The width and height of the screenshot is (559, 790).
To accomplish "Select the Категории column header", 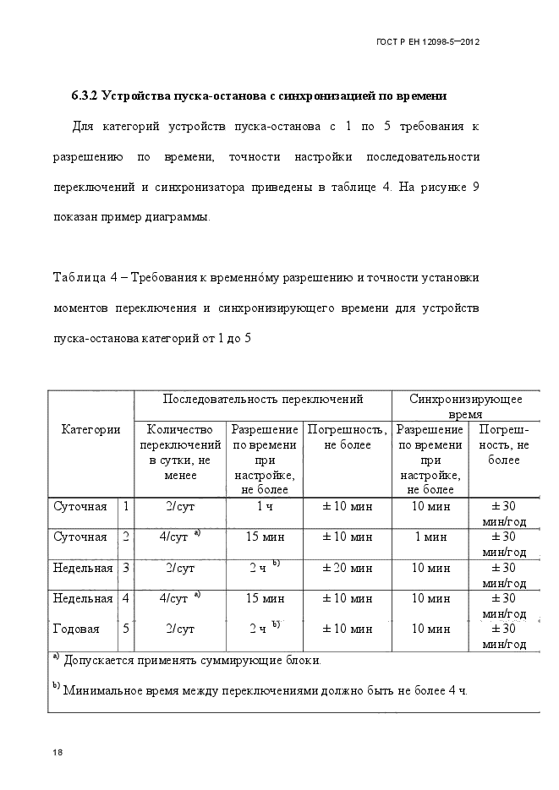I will [x=90, y=429].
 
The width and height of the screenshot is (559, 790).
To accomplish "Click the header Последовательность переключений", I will [x=262, y=398].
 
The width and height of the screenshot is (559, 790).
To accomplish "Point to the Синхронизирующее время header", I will [x=465, y=406].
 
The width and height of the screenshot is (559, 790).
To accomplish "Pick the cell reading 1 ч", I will [x=264, y=506].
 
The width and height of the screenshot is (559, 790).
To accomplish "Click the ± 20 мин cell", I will [x=347, y=568].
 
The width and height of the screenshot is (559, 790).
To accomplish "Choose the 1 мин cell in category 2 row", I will [x=430, y=537].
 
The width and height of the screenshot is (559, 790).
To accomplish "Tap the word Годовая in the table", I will [x=76, y=629].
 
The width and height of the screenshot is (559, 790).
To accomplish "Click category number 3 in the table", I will [x=126, y=568].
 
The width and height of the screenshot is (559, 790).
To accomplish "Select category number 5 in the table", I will [x=126, y=629].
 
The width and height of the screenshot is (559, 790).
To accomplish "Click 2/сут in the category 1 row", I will [x=180, y=506].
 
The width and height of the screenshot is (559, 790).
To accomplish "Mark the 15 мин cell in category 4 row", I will [x=264, y=598].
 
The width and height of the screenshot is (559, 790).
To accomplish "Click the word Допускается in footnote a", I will [x=101, y=659].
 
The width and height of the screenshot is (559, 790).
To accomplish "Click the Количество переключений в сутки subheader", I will [x=180, y=452].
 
